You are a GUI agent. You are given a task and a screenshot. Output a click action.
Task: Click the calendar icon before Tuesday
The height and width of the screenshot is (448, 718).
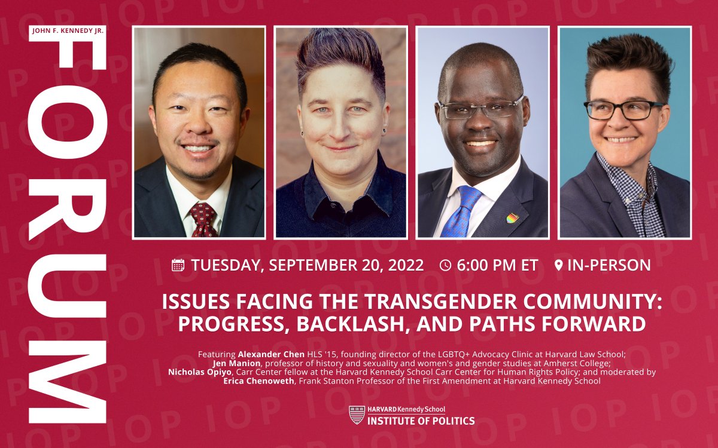click(x=178, y=265)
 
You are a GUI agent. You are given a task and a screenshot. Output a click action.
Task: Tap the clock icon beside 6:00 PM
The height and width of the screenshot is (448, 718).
click(x=445, y=265)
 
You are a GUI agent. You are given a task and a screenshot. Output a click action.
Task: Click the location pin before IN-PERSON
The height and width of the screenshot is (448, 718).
click(x=558, y=265)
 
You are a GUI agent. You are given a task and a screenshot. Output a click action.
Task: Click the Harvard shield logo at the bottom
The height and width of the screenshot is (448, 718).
click(x=357, y=415)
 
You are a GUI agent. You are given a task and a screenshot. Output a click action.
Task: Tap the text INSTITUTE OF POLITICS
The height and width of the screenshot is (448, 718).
click(x=421, y=421)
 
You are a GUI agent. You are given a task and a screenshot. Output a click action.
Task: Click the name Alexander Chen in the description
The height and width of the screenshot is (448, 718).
click(x=268, y=354)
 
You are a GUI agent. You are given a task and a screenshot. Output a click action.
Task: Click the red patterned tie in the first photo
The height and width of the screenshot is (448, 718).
click(x=203, y=219)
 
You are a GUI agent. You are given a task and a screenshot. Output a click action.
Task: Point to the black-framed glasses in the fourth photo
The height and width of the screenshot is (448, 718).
click(x=623, y=110)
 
